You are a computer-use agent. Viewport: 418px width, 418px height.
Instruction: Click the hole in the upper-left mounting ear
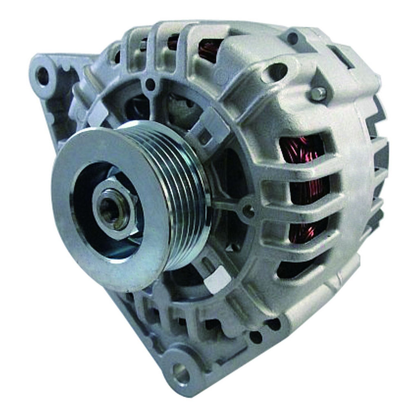point(43,76)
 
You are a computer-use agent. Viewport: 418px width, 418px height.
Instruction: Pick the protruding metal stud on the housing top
point(318,93)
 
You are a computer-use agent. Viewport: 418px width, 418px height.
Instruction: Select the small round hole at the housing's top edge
point(292,38)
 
